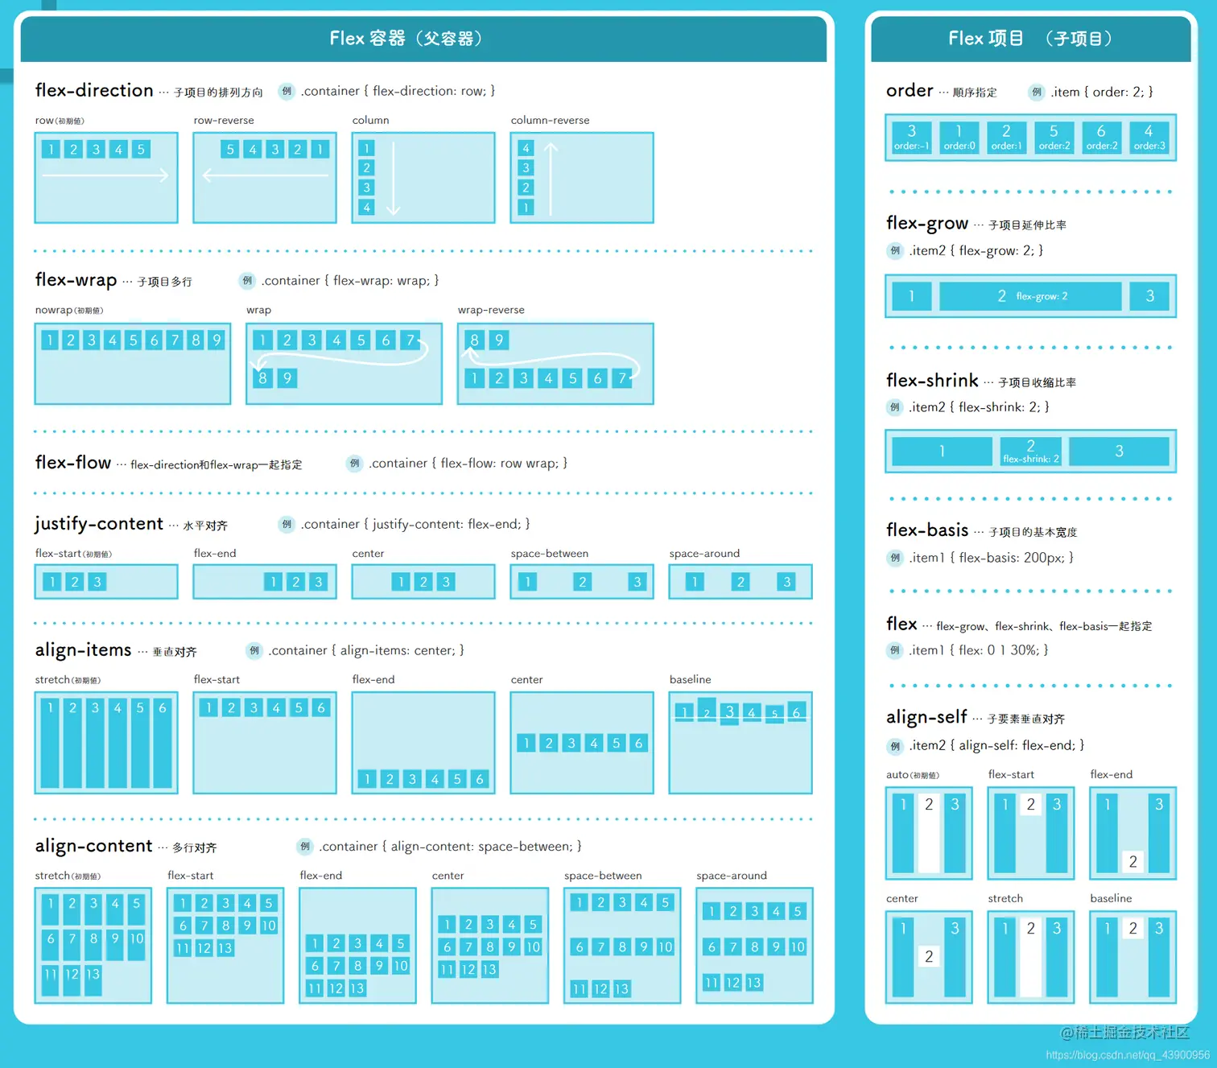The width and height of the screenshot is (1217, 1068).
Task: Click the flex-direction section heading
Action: tap(94, 91)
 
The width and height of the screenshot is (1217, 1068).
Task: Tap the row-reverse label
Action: tap(224, 121)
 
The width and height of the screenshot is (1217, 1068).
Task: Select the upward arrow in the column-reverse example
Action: tap(551, 179)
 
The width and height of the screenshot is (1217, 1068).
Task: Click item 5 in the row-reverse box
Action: tap(230, 150)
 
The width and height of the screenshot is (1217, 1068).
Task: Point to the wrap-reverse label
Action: tap(491, 311)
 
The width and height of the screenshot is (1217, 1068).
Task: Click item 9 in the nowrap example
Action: tap(217, 340)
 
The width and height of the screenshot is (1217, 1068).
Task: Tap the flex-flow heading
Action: tap(73, 463)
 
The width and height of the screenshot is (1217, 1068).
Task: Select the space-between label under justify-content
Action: tap(550, 554)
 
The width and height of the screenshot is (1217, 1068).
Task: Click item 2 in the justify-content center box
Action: tap(423, 582)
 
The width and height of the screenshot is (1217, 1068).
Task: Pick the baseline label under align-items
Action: tap(690, 680)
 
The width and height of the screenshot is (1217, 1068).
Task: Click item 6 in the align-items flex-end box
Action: tap(480, 779)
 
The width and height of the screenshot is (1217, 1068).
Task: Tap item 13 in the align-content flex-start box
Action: tap(225, 948)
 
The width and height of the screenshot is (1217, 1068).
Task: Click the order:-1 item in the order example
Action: tap(912, 138)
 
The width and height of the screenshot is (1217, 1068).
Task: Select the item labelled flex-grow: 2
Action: tap(1030, 296)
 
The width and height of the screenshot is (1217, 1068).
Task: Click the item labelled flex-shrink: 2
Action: tap(1030, 451)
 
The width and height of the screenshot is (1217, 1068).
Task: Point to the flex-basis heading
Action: tap(927, 530)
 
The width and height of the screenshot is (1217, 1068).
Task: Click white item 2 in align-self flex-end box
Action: tap(1132, 862)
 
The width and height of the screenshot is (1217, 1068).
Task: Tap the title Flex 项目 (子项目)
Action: tap(1030, 39)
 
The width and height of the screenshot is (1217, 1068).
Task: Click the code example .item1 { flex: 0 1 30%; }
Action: tap(979, 650)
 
